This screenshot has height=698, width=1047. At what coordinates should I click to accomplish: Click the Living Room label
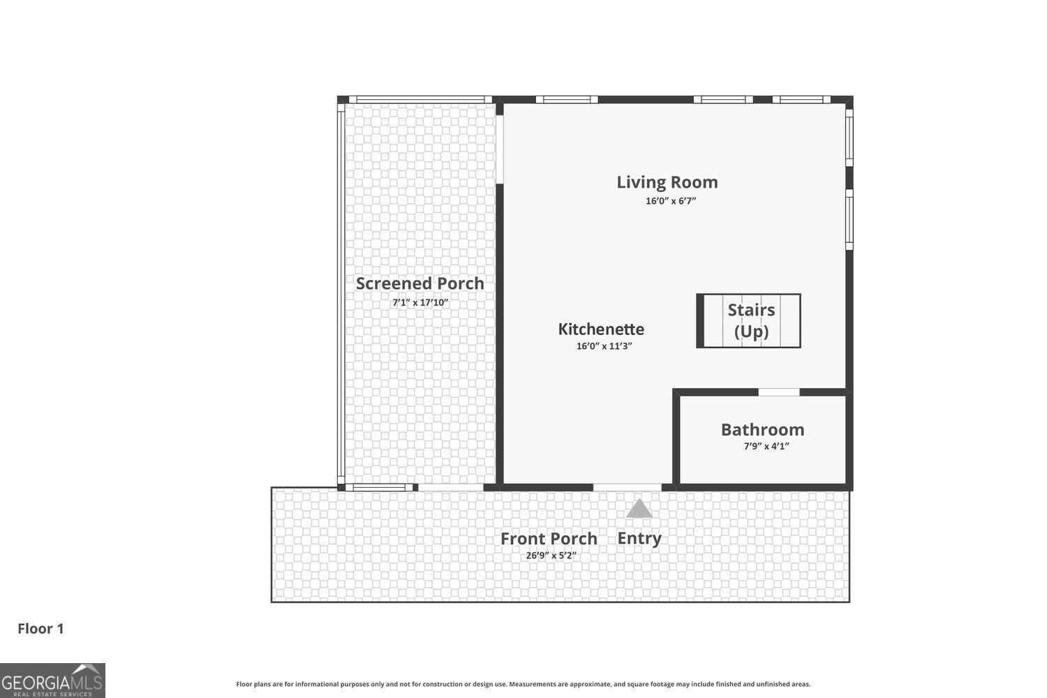pyautogui.click(x=667, y=182)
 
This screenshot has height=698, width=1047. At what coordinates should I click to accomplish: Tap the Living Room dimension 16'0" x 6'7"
pyautogui.click(x=670, y=201)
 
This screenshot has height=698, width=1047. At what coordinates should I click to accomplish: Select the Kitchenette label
pyautogui.click(x=601, y=329)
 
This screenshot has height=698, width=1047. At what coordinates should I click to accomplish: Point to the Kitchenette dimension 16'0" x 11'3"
pyautogui.click(x=604, y=346)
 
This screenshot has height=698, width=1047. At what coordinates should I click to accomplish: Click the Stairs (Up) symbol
pyautogui.click(x=749, y=321)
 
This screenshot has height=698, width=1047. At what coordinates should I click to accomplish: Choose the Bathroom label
pyautogui.click(x=762, y=430)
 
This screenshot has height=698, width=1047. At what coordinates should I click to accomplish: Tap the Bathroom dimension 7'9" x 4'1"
pyautogui.click(x=766, y=447)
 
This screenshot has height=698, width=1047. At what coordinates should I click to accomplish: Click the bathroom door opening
pyautogui.click(x=778, y=392)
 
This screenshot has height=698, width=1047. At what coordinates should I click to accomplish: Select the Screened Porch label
pyautogui.click(x=419, y=283)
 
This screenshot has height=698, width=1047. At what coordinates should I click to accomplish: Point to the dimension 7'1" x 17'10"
pyautogui.click(x=419, y=303)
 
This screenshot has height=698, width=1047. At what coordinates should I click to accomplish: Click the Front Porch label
pyautogui.click(x=549, y=539)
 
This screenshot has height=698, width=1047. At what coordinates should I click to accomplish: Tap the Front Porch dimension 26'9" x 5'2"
pyautogui.click(x=551, y=556)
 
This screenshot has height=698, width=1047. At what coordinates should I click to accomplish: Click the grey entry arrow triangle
pyautogui.click(x=639, y=510)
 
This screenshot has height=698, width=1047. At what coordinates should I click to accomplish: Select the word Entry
pyautogui.click(x=639, y=538)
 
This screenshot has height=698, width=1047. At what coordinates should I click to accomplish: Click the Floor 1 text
pyautogui.click(x=40, y=629)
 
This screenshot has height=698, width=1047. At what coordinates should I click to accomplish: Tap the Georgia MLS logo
pyautogui.click(x=52, y=681)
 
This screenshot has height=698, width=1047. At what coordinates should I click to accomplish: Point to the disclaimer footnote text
pyautogui.click(x=523, y=685)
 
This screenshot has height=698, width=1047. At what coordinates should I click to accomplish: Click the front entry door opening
pyautogui.click(x=627, y=487)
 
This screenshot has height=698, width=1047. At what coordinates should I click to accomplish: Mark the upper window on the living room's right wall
pyautogui.click(x=849, y=137)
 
